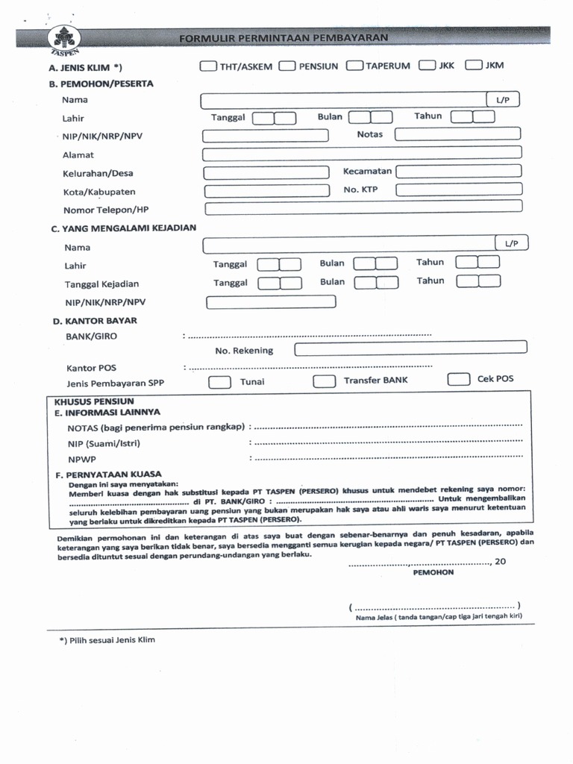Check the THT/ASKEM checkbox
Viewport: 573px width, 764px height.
208,66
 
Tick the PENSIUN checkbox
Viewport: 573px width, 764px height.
287,66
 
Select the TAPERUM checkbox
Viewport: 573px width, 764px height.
354,66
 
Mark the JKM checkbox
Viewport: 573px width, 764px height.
473,65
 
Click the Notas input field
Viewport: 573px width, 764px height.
457,134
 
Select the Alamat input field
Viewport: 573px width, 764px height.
362,154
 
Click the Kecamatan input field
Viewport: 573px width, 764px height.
458,171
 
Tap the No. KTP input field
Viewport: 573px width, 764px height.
458,190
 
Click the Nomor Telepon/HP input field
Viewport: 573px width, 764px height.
363,208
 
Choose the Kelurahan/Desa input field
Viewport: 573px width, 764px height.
266,172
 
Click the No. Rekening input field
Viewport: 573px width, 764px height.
410,348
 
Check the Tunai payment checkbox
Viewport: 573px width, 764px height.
219,382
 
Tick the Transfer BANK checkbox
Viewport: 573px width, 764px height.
324,381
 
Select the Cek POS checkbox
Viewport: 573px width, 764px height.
458,379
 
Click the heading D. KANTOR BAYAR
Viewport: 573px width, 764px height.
94,321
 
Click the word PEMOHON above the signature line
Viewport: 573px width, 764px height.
433,573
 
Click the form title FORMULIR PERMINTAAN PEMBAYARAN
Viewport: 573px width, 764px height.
284,37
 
